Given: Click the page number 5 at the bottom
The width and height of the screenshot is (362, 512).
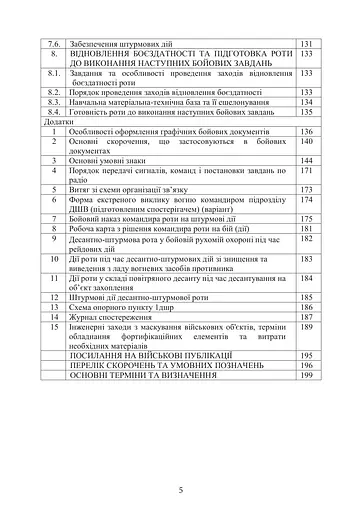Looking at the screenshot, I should [181, 461].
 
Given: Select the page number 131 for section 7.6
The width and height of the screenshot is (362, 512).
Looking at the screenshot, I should [307, 45].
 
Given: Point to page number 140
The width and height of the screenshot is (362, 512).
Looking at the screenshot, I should [307, 143].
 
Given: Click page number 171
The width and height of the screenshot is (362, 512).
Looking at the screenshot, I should [307, 171].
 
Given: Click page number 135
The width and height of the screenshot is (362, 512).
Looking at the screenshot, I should [307, 114].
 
